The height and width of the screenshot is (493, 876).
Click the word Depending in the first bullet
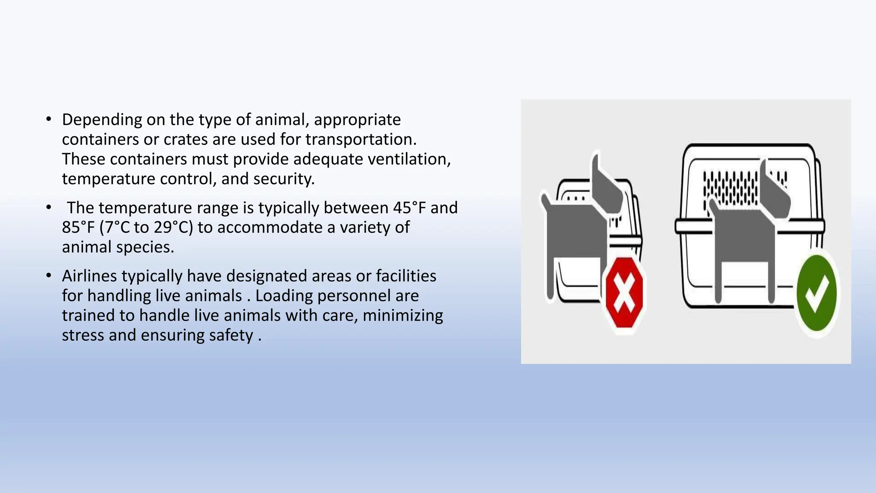(x=102, y=120)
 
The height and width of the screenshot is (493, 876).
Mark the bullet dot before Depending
(x=49, y=119)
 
